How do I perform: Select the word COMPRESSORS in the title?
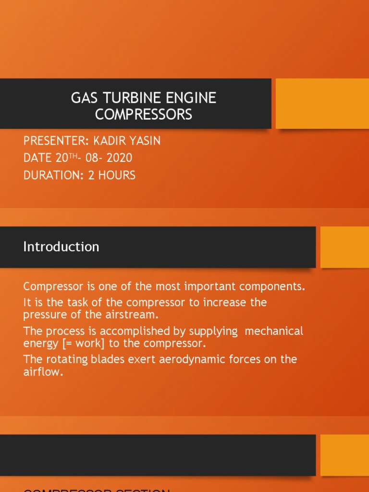(x=143, y=114)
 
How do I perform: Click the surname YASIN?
(x=143, y=141)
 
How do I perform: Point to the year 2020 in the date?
(x=120, y=158)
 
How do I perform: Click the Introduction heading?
(x=61, y=246)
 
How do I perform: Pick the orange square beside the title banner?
(x=322, y=103)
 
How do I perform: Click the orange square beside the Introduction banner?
(x=344, y=247)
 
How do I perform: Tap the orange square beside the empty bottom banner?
(x=344, y=455)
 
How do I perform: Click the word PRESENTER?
(x=53, y=141)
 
